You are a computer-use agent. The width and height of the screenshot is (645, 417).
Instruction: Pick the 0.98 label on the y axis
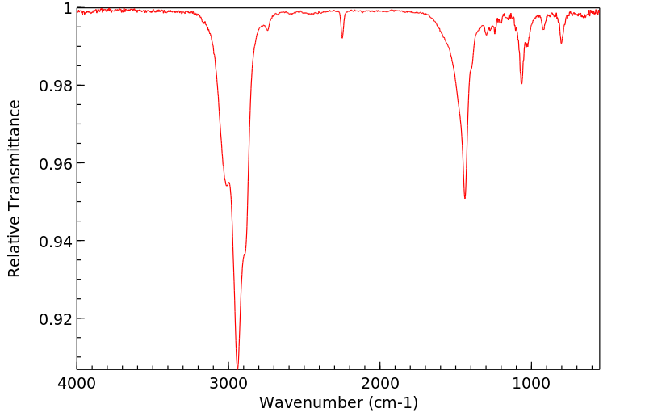(54, 86)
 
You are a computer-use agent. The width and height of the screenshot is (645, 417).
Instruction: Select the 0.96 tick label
(54, 163)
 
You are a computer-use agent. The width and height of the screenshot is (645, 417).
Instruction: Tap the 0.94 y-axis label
(54, 241)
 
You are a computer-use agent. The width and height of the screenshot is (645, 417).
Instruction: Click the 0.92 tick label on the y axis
(54, 318)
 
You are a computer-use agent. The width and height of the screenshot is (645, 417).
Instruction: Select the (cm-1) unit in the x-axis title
(393, 402)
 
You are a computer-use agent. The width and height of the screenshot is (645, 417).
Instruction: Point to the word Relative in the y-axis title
(15, 242)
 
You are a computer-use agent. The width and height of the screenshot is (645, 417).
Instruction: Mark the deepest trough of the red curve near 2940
(237, 365)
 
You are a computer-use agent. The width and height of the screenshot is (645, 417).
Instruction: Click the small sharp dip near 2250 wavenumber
(342, 37)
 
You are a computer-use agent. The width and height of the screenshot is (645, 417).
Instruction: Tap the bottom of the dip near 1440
(465, 198)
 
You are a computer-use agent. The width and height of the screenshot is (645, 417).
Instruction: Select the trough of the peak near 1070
(521, 83)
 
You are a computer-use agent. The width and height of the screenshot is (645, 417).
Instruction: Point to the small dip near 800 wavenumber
(561, 43)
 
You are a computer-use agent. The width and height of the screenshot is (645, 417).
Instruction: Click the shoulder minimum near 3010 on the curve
(227, 186)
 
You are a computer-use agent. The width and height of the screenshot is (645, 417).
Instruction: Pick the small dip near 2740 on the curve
(267, 30)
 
